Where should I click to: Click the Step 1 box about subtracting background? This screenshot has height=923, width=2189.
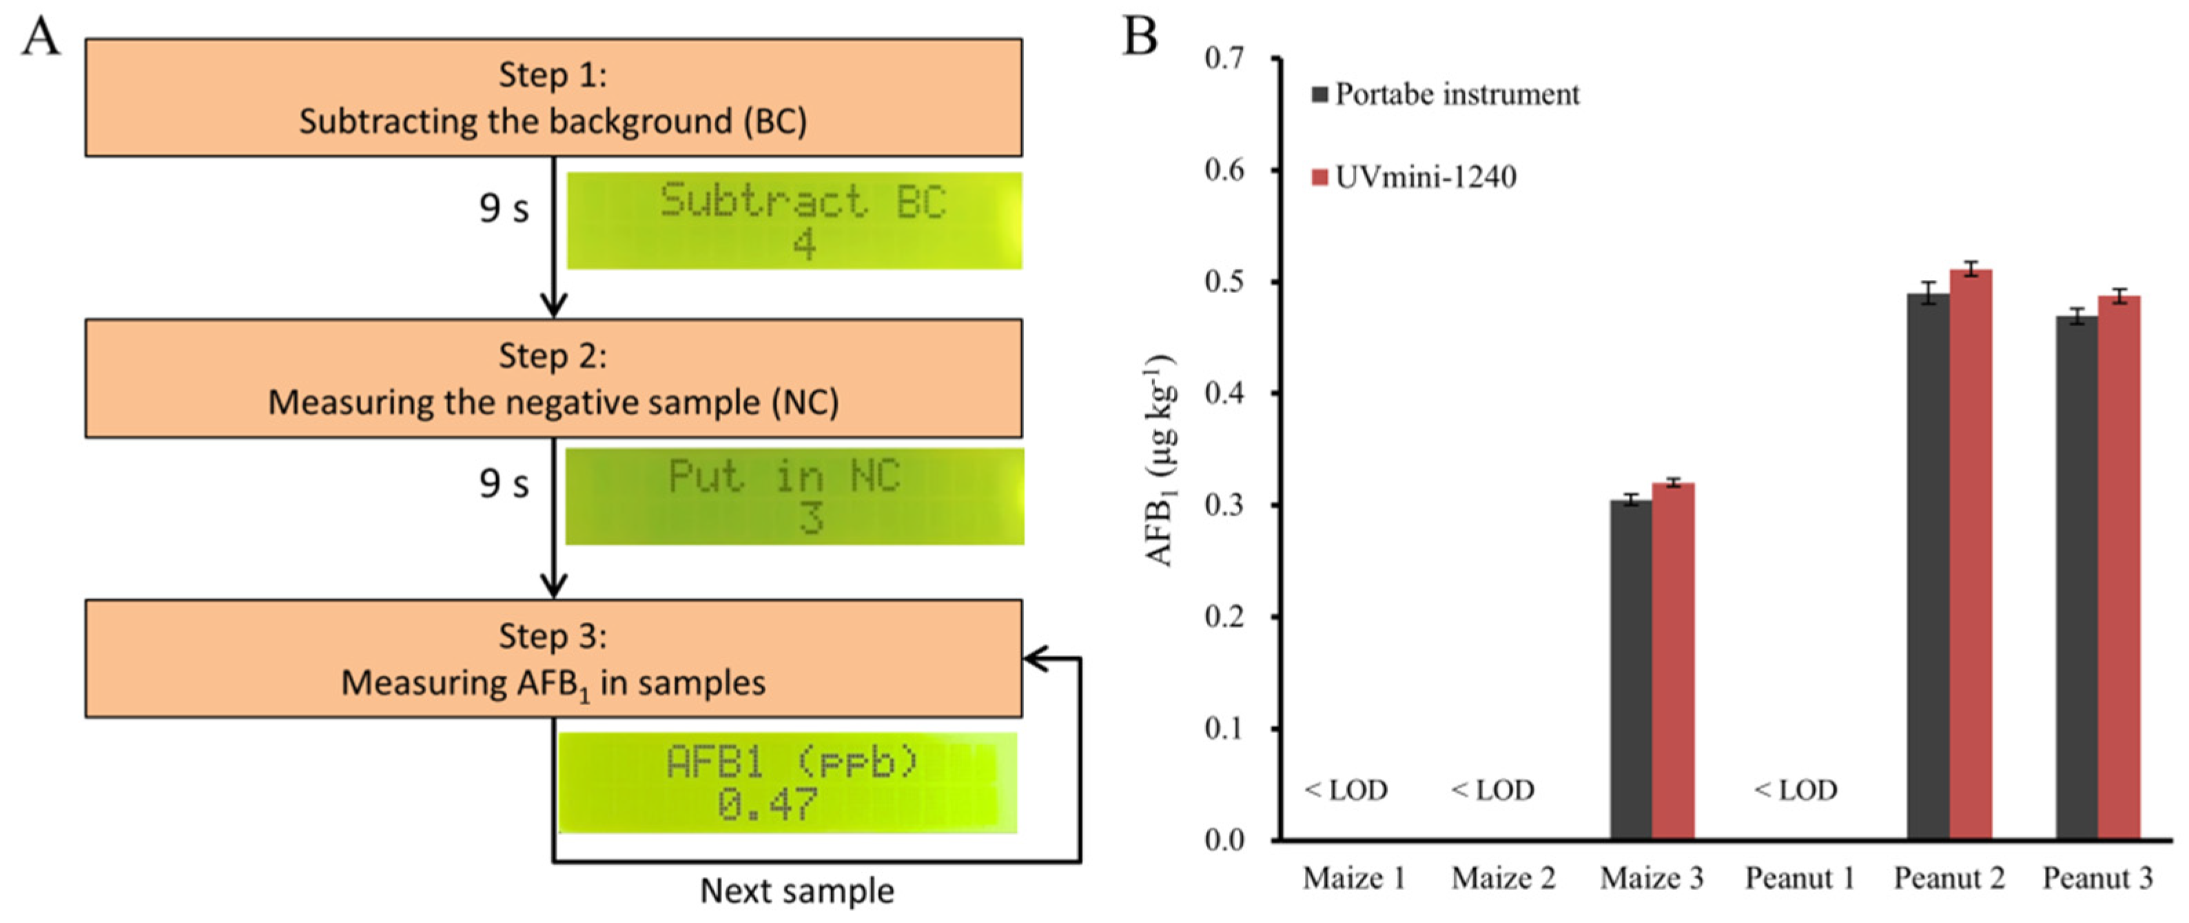click(553, 97)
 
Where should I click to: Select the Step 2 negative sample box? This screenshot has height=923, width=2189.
click(553, 378)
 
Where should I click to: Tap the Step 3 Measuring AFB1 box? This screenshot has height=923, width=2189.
click(553, 659)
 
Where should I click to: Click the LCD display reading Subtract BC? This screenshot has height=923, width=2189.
click(794, 221)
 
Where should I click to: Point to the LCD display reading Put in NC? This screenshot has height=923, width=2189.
click(794, 496)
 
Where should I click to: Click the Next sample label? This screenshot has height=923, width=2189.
click(797, 891)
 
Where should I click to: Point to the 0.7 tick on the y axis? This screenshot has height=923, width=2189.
click(1224, 58)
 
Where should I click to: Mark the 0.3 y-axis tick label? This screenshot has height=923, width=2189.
click(1224, 505)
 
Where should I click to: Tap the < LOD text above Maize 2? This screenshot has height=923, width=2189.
click(1493, 791)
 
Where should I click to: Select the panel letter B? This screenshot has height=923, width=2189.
click(1140, 37)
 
